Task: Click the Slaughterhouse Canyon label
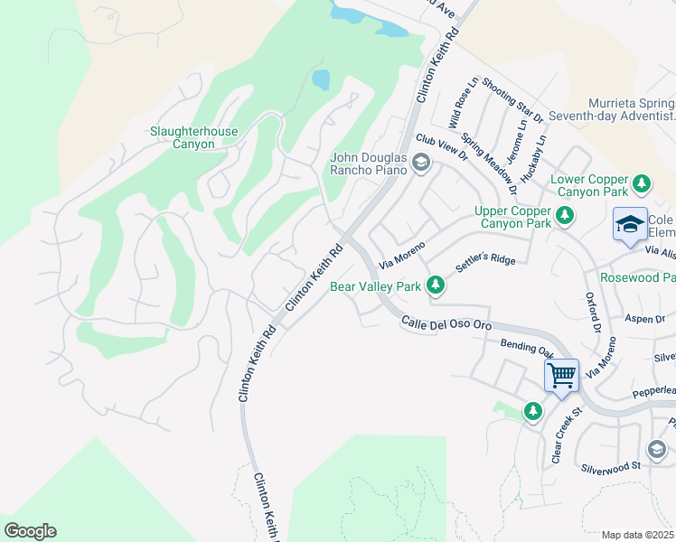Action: pyautogui.click(x=193, y=137)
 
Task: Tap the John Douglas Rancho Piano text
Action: pyautogui.click(x=371, y=164)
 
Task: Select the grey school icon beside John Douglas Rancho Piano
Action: pyautogui.click(x=420, y=164)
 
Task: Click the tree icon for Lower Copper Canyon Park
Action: pyautogui.click(x=642, y=184)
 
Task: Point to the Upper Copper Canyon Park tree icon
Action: pyautogui.click(x=565, y=216)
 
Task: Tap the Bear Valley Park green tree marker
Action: pyautogui.click(x=436, y=286)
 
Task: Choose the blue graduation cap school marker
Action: pyautogui.click(x=630, y=225)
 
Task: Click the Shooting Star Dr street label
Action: pyautogui.click(x=512, y=100)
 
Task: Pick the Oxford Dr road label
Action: pyautogui.click(x=594, y=313)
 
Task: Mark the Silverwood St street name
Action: pyautogui.click(x=611, y=467)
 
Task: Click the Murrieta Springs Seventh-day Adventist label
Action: pyautogui.click(x=632, y=109)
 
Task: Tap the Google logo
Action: pyautogui.click(x=30, y=531)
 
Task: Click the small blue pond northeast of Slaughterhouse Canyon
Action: pyautogui.click(x=321, y=80)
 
